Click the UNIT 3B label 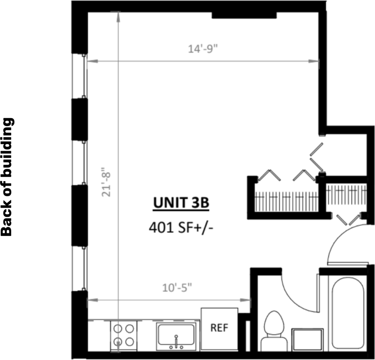[x=181, y=203]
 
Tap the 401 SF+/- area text [x=181, y=227]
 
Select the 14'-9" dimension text [x=203, y=49]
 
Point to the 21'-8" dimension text [x=106, y=182]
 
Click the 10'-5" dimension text [x=177, y=288]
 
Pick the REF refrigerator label [x=219, y=328]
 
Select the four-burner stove [x=124, y=336]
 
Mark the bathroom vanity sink [x=308, y=340]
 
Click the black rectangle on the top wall [x=244, y=15]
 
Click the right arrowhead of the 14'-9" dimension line [x=314, y=61]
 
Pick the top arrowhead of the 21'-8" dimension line [x=118, y=17]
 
